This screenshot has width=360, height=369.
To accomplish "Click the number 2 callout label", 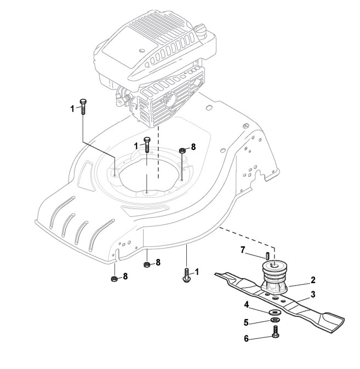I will click(x=313, y=280).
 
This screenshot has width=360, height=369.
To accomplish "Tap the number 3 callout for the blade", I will click(x=313, y=295).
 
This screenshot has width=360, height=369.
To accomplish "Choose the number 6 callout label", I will click(x=247, y=339).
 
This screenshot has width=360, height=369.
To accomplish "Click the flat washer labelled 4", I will click(x=273, y=312).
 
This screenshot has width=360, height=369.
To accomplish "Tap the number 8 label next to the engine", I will click(x=193, y=147).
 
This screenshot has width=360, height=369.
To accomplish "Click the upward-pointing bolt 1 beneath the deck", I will click(x=186, y=274).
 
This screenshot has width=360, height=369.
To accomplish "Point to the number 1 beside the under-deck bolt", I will click(x=197, y=271).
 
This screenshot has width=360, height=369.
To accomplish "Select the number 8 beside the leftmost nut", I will click(x=125, y=276).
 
